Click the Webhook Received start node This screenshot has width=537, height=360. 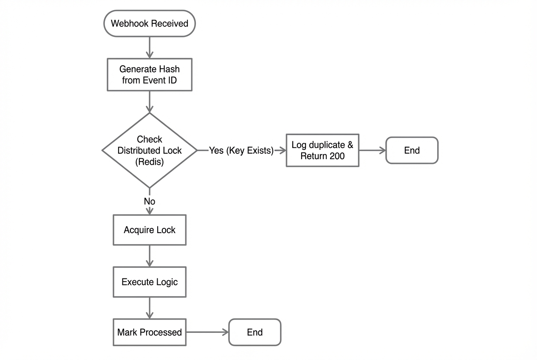(x=150, y=23)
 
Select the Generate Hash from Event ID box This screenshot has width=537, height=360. (x=150, y=75)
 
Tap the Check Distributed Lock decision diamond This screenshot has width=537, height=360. (x=150, y=150)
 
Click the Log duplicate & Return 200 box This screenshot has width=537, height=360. (x=322, y=150)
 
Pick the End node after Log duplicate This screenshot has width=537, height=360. (x=412, y=150)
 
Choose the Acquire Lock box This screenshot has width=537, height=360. (x=150, y=230)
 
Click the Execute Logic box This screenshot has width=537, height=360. (x=150, y=282)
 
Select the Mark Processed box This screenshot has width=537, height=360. (x=150, y=332)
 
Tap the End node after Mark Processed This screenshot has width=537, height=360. (x=255, y=332)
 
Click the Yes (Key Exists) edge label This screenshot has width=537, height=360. (x=241, y=151)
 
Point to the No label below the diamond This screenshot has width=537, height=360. (x=150, y=201)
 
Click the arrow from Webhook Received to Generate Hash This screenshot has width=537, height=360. (x=150, y=48)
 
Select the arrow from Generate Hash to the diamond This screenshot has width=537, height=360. (x=150, y=102)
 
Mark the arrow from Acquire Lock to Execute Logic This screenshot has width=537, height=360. (x=150, y=256)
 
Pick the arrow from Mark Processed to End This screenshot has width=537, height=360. (x=207, y=332)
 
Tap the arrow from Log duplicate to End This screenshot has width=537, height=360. (x=372, y=150)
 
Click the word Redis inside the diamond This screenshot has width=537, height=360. (x=150, y=162)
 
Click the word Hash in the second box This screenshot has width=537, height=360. (x=169, y=69)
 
